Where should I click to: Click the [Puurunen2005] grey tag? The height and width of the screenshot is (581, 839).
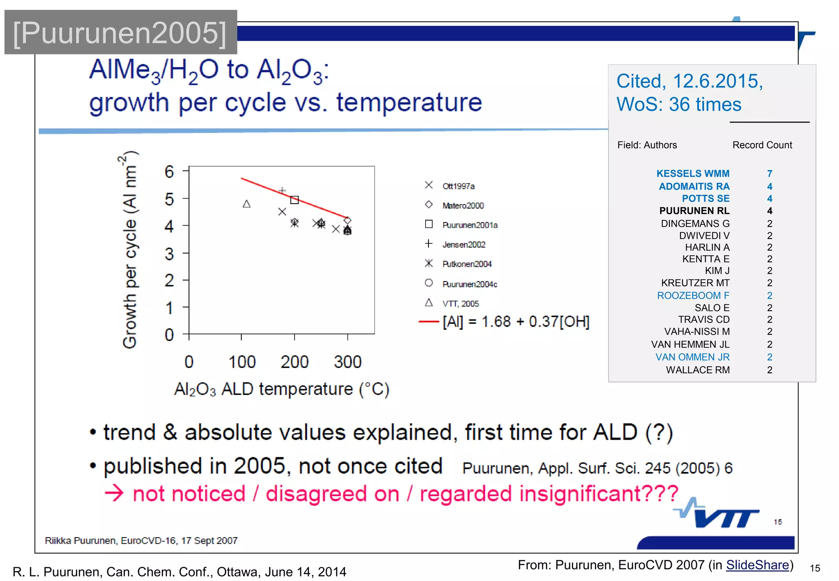(x=120, y=33)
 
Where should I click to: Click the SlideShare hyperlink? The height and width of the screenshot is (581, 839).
(x=757, y=565)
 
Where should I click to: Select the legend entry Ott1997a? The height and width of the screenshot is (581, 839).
(x=458, y=186)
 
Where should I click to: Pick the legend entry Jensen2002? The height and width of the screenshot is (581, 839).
(x=463, y=245)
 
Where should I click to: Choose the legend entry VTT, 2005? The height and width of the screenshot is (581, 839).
(x=460, y=304)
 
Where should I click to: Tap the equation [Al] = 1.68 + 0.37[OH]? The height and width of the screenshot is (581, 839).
(x=516, y=322)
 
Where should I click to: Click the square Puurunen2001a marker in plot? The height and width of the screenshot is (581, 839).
(x=295, y=200)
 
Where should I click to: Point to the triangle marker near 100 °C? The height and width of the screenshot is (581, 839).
(x=247, y=204)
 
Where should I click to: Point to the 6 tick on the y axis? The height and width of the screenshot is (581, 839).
(x=169, y=172)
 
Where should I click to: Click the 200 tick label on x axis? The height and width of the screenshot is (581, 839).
(x=294, y=362)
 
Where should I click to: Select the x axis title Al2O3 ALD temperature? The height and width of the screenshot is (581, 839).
(x=281, y=389)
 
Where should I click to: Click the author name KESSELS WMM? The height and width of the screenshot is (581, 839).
(x=693, y=174)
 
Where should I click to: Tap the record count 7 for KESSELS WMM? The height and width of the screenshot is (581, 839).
(x=769, y=174)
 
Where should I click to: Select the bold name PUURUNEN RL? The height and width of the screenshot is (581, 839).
(x=694, y=211)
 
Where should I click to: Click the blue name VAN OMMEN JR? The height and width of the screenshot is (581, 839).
(x=692, y=357)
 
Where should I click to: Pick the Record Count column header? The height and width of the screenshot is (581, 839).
(x=762, y=145)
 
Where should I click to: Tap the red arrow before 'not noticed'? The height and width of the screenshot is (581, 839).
(x=114, y=493)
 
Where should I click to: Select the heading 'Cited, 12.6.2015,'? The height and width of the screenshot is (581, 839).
(x=689, y=81)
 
